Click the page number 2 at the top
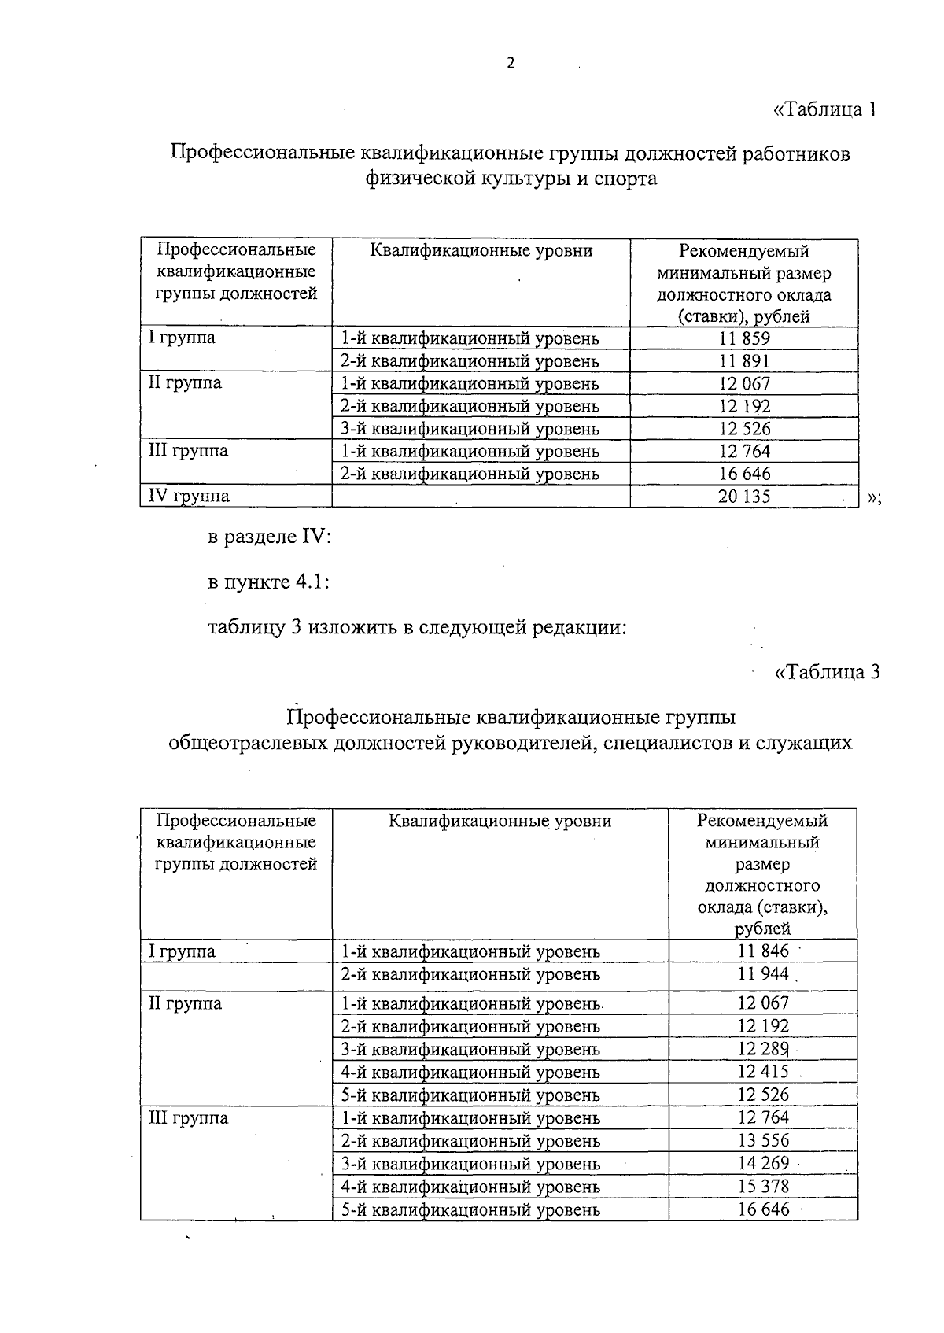coord(510,65)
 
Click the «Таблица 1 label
coord(825,109)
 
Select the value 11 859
coord(743,338)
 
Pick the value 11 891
coord(743,361)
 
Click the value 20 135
coord(743,497)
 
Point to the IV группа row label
coord(190,496)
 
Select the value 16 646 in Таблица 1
coord(743,474)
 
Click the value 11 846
coord(763,951)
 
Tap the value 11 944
coord(763,974)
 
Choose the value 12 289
coord(763,1049)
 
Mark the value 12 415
coord(763,1072)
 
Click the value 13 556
coord(763,1140)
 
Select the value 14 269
coord(763,1163)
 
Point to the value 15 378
coord(763,1186)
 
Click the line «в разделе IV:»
coord(269,537)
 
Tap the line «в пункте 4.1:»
coord(267,582)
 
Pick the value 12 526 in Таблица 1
coord(743,429)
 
